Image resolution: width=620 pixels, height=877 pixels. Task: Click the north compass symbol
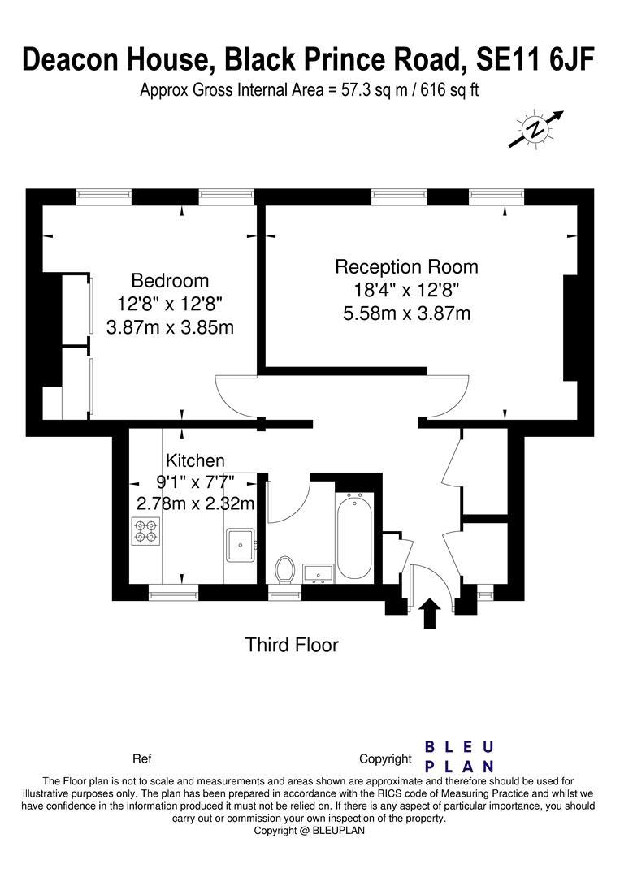click(536, 129)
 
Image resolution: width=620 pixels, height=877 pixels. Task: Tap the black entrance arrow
click(431, 614)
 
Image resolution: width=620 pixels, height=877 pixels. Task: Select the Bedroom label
click(170, 281)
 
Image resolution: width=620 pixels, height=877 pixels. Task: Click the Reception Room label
click(406, 266)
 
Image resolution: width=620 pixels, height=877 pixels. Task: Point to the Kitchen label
click(195, 461)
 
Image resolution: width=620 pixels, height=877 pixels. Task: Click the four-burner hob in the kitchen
click(146, 531)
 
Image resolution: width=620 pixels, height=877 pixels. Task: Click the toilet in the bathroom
click(285, 569)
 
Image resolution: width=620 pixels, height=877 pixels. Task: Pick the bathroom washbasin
click(319, 573)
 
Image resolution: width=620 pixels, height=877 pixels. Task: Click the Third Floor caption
click(292, 646)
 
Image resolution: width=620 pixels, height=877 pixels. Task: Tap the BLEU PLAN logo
click(460, 756)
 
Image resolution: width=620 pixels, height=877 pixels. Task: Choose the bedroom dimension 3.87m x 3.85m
click(170, 327)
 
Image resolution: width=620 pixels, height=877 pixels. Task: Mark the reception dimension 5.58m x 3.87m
click(406, 313)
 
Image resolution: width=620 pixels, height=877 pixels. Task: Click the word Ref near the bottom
click(141, 759)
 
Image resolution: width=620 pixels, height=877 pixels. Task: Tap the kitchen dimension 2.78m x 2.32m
click(195, 503)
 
